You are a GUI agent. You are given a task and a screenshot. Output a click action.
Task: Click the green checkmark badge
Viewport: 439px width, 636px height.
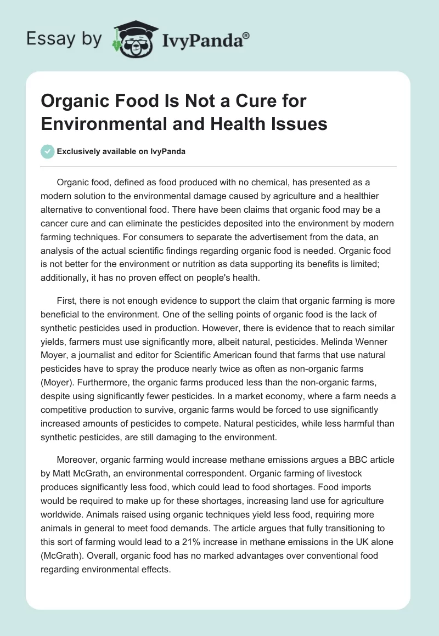click(48, 151)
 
